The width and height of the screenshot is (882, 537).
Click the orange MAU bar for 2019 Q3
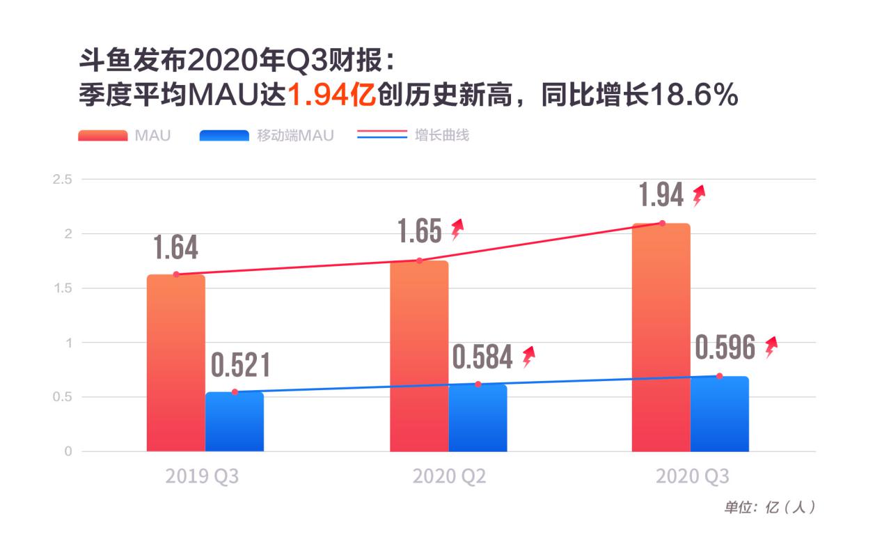point(175,362)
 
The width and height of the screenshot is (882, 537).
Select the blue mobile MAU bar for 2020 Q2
point(478,418)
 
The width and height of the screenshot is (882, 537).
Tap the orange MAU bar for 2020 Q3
point(661,338)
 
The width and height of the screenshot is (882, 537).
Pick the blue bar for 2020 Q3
point(719,414)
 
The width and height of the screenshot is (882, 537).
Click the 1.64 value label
point(175,247)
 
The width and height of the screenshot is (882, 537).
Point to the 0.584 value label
point(482,357)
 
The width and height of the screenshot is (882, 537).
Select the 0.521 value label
point(240,366)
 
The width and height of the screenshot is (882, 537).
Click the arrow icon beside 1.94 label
point(698,196)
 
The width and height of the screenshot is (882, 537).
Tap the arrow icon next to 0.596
point(771,346)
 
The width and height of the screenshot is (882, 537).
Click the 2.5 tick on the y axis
point(63,179)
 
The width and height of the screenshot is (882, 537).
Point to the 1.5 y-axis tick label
point(63,288)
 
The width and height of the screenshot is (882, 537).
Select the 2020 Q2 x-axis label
point(449,476)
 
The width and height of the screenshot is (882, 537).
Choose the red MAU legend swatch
point(102,135)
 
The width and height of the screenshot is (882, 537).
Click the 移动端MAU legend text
point(295,135)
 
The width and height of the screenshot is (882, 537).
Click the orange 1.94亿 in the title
point(331,95)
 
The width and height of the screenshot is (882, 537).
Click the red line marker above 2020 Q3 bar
point(662,223)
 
